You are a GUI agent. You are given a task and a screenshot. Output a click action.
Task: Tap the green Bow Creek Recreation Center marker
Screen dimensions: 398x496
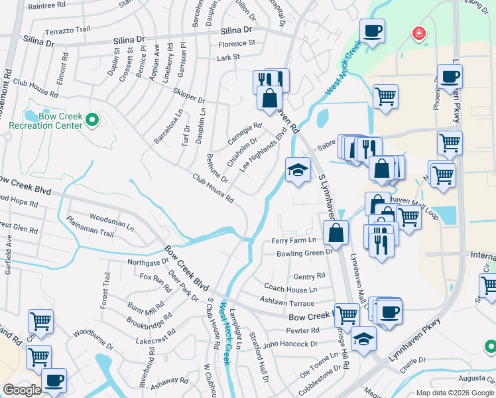[93, 120]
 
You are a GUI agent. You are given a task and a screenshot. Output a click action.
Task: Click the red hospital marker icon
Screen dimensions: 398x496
[418, 33]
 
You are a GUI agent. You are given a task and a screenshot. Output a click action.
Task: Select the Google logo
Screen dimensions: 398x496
[22, 390]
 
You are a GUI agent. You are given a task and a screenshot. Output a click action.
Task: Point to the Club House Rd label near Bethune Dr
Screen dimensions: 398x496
[213, 188]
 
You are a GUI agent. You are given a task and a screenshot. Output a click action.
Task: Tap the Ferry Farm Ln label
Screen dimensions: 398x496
[293, 240]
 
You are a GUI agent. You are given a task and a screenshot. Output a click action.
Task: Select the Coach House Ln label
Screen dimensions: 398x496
[290, 289]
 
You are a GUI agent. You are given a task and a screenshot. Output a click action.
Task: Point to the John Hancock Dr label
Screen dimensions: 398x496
[290, 344]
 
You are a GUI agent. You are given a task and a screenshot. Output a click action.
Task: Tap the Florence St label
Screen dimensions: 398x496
[237, 43]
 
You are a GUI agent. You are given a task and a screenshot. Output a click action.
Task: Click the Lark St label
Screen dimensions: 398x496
[228, 58]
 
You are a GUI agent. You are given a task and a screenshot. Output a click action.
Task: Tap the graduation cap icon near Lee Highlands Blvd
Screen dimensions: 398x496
[298, 170]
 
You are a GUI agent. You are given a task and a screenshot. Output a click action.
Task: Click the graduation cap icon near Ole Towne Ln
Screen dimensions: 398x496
[363, 338]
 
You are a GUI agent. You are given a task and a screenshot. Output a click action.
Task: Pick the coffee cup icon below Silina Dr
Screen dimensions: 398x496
[372, 30]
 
